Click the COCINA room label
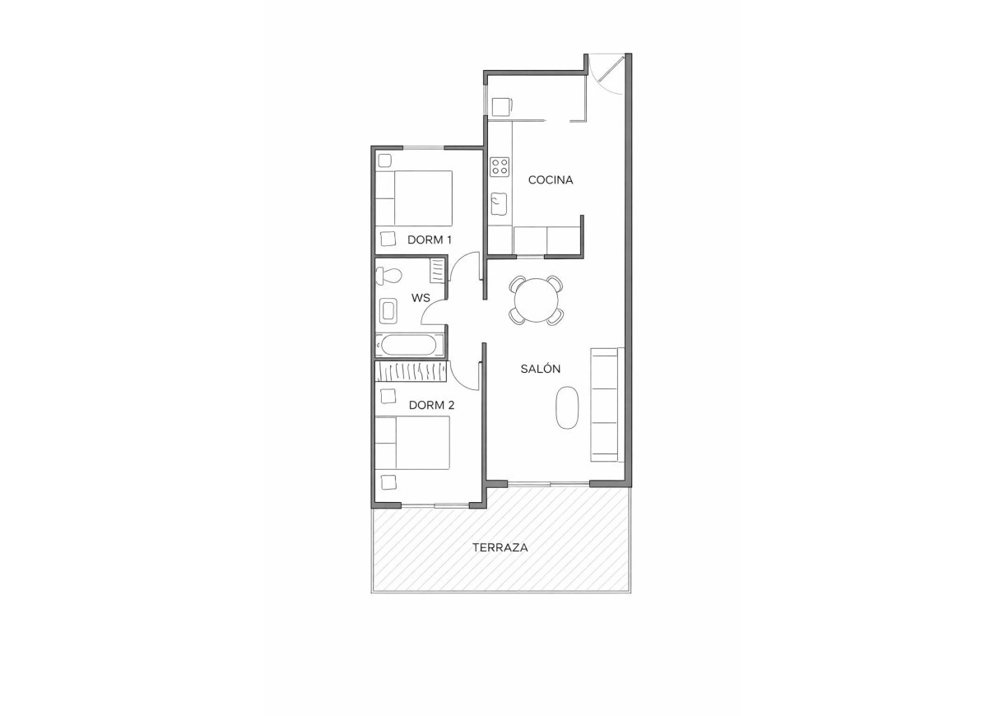pos(550,179)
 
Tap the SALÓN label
pos(540,369)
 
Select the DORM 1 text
pos(430,240)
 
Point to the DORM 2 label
pos(431,405)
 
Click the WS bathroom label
pos(421,298)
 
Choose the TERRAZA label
pos(500,547)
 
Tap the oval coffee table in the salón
pos(567,408)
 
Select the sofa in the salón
pos(605,405)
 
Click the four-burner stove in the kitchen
pos(500,166)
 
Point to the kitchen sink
pos(499,202)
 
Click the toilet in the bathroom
pos(388,275)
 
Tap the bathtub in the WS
pos(410,345)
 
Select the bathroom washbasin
pos(388,311)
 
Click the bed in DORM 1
pos(414,198)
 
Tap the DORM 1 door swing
pos(466,270)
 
